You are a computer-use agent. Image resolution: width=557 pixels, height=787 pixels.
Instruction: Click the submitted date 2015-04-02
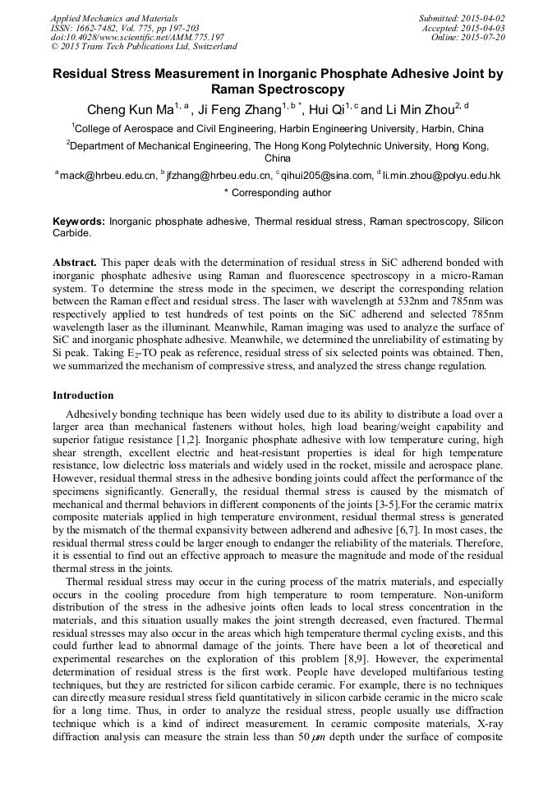click(483, 18)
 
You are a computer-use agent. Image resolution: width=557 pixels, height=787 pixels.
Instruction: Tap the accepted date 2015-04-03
click(483, 28)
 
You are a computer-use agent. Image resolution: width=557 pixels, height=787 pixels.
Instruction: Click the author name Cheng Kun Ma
click(127, 110)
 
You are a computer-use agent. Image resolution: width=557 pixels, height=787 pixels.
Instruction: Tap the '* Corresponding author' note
click(278, 193)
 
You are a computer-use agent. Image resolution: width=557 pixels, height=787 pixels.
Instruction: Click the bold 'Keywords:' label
click(79, 222)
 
